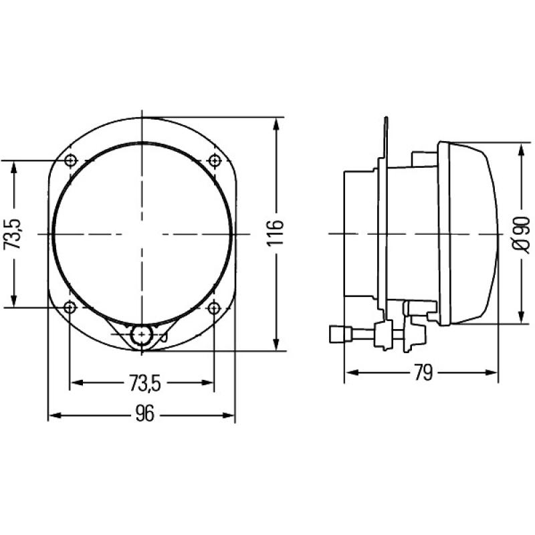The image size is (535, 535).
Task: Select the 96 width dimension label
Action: point(144,415)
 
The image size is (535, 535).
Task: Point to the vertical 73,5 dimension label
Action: point(15,233)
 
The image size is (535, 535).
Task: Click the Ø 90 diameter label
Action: point(521,233)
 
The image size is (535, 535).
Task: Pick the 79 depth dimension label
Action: point(421,373)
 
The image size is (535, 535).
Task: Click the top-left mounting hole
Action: point(71,160)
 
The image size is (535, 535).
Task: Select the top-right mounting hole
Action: point(214,160)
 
